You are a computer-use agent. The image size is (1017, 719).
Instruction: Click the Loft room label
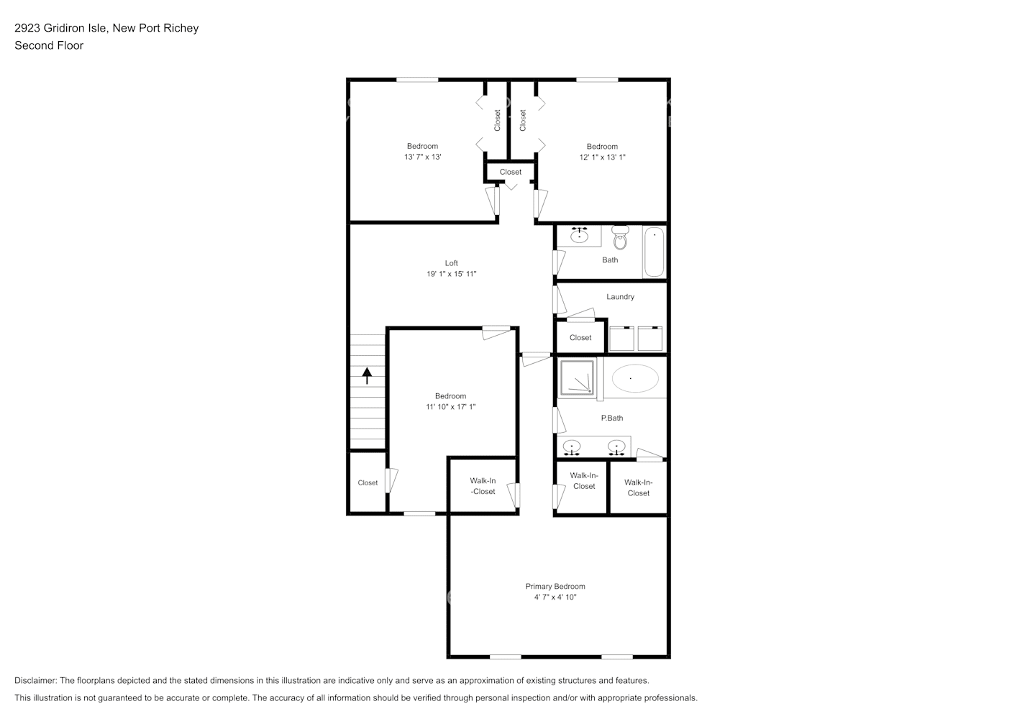tap(451, 263)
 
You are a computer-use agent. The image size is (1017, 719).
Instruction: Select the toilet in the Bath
tap(620, 237)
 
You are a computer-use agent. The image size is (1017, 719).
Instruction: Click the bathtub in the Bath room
tap(654, 252)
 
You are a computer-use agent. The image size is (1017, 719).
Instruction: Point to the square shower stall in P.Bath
tap(578, 378)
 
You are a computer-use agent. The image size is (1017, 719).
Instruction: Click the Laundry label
tap(620, 297)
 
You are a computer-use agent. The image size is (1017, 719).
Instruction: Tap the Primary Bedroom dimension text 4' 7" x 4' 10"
tap(555, 597)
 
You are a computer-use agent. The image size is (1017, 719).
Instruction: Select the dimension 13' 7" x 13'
tap(422, 157)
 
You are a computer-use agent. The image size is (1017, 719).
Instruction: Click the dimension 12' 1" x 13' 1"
tap(602, 157)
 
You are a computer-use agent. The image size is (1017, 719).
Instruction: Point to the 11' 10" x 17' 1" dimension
tap(450, 407)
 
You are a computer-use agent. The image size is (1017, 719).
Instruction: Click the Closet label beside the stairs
tap(368, 483)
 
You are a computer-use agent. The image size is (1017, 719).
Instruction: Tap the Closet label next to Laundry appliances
tap(580, 338)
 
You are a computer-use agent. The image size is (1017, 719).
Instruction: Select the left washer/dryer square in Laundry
tap(621, 339)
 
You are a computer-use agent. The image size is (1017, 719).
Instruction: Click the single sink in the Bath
tap(579, 235)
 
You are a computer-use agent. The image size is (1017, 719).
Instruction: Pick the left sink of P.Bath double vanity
tap(572, 447)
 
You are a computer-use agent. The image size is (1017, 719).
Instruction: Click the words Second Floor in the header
tap(49, 45)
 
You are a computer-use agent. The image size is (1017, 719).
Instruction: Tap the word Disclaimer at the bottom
tap(35, 680)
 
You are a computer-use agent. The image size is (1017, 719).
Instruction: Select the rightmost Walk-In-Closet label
tap(638, 487)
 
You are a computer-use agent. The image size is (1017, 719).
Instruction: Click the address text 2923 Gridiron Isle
tap(61, 28)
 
